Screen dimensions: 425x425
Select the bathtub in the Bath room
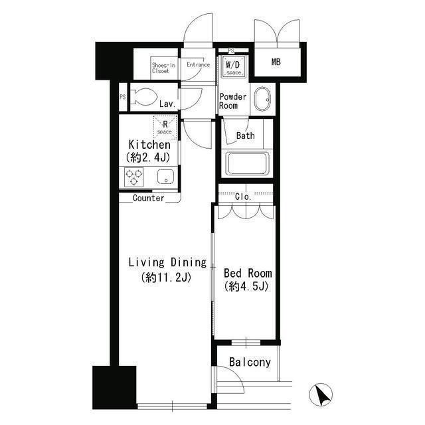[247, 163]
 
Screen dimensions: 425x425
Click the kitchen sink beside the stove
[165, 177]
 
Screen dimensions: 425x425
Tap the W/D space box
[232, 66]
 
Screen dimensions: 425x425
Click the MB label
[276, 62]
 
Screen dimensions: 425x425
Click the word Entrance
[198, 65]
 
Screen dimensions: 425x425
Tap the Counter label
[148, 198]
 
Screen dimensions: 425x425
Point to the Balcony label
[250, 363]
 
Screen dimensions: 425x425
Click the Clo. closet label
[244, 197]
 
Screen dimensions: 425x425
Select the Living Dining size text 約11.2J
[167, 278]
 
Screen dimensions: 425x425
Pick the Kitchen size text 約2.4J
[149, 157]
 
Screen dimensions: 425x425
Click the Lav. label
[167, 104]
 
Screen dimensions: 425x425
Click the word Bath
[245, 136]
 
